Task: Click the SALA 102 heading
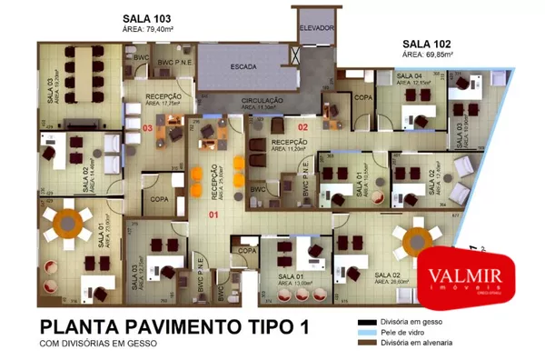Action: pyautogui.click(x=428, y=43)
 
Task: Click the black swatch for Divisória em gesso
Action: pyautogui.click(x=365, y=323)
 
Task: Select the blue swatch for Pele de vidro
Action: pyautogui.click(x=365, y=333)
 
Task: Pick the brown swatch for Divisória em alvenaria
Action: pyautogui.click(x=365, y=344)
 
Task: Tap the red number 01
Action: pyautogui.click(x=214, y=215)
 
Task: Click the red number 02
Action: pyautogui.click(x=304, y=126)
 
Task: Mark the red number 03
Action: pyautogui.click(x=147, y=128)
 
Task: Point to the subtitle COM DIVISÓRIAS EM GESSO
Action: pyautogui.click(x=98, y=344)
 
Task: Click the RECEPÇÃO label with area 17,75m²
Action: pyautogui.click(x=163, y=96)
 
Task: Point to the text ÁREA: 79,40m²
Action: pyautogui.click(x=149, y=29)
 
